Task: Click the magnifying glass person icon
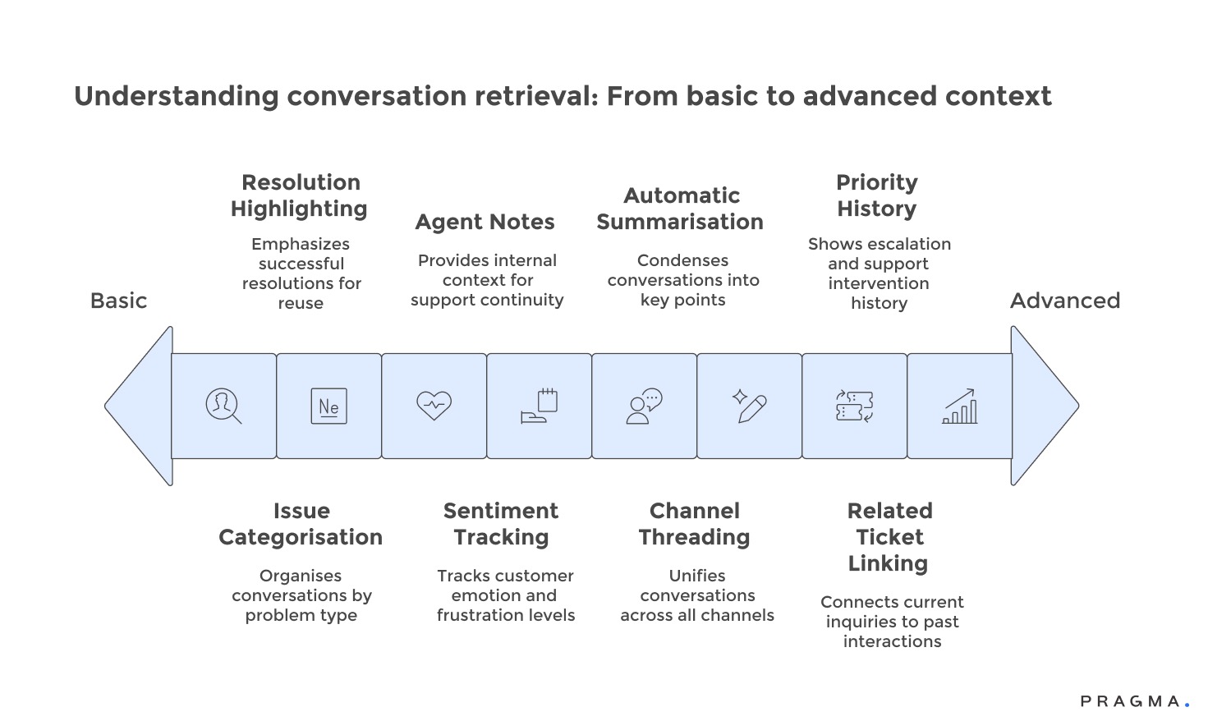pos(223,406)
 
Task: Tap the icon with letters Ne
pos(328,406)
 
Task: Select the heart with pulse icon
pos(434,405)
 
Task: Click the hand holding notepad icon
pos(540,406)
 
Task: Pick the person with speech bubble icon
pos(644,406)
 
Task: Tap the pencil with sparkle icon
pos(749,406)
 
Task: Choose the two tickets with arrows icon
pos(854,406)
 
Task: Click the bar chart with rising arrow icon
pos(959,406)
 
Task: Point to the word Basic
pos(118,301)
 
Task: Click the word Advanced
pos(1064,301)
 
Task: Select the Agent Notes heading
pos(485,222)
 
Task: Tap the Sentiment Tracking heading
pos(501,524)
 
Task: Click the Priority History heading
pos(877,195)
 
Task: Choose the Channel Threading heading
pos(695,524)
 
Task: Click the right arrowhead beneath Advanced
pos(1043,406)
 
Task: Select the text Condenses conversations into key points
pos(683,280)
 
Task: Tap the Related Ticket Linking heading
pos(889,537)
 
